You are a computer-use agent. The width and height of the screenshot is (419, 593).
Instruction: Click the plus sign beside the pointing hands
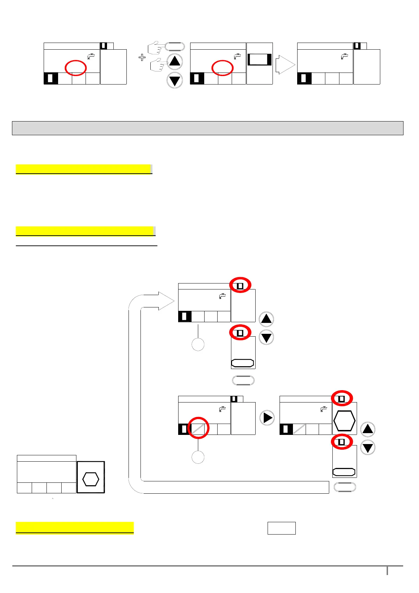pos(142,57)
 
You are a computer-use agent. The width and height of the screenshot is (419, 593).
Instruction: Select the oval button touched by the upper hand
pos(174,47)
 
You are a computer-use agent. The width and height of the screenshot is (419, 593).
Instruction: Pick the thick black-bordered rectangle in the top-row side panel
pos(259,60)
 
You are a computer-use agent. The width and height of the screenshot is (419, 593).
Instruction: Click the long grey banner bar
pos(207,128)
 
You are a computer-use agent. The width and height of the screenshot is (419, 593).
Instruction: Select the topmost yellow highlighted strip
pos(83,169)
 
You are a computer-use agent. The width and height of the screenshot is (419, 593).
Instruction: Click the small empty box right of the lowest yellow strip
pos(281,528)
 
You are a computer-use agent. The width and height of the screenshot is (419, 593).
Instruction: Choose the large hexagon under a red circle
pos(344,421)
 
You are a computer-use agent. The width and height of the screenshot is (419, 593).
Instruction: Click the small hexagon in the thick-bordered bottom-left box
pos(90,479)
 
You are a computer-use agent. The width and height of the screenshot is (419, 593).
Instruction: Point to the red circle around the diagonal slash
pos(198,428)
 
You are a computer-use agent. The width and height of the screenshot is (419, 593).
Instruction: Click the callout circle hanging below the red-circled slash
pos(198,457)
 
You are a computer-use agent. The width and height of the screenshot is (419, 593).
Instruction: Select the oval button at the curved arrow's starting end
pos(345,487)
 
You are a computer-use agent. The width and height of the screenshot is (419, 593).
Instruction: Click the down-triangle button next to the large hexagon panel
pos(368,448)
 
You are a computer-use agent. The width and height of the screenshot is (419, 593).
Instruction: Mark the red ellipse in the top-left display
pos(76,68)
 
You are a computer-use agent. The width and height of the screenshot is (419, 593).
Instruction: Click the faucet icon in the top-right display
pos(344,56)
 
